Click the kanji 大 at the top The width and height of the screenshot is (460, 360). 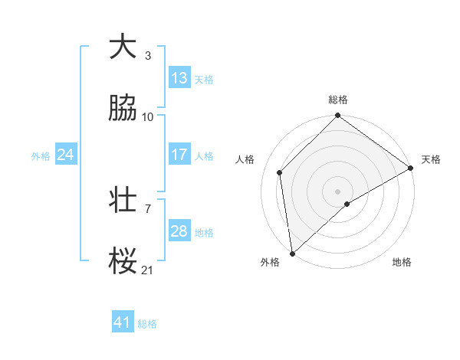click(123, 47)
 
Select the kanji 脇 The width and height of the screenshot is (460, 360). click(123, 109)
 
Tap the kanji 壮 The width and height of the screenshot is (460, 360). click(123, 201)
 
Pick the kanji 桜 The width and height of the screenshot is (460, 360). click(123, 262)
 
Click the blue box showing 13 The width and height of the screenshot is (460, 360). click(179, 78)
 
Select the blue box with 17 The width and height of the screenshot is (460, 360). click(179, 155)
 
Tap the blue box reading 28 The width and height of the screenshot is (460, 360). click(179, 231)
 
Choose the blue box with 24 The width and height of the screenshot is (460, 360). click(66, 155)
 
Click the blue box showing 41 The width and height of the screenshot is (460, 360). click(123, 323)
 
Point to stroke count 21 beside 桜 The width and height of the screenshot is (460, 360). click(147, 270)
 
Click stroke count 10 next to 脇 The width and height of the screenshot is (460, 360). click(148, 116)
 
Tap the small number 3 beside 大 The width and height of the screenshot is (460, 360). click(148, 55)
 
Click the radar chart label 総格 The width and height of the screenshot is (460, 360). click(338, 100)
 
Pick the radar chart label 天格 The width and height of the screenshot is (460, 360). click(431, 159)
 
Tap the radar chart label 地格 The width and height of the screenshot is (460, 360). click(402, 262)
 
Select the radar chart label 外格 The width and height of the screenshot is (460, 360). click(270, 262)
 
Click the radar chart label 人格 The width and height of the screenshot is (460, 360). click(245, 159)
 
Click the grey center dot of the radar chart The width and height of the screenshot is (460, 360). click(338, 191)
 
